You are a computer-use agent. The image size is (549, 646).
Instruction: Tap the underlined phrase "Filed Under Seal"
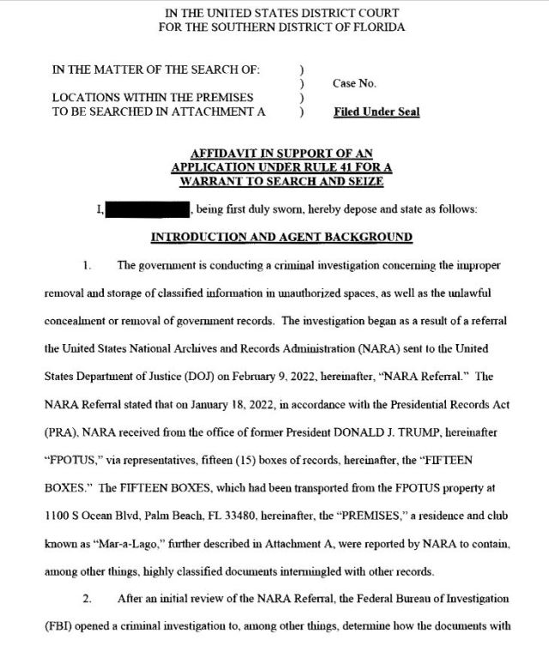(376, 112)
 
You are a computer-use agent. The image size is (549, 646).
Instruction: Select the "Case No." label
(354, 83)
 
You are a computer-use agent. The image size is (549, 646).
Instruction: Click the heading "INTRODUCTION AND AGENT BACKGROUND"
(282, 237)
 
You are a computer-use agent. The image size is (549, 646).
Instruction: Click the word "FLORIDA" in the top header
(376, 27)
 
